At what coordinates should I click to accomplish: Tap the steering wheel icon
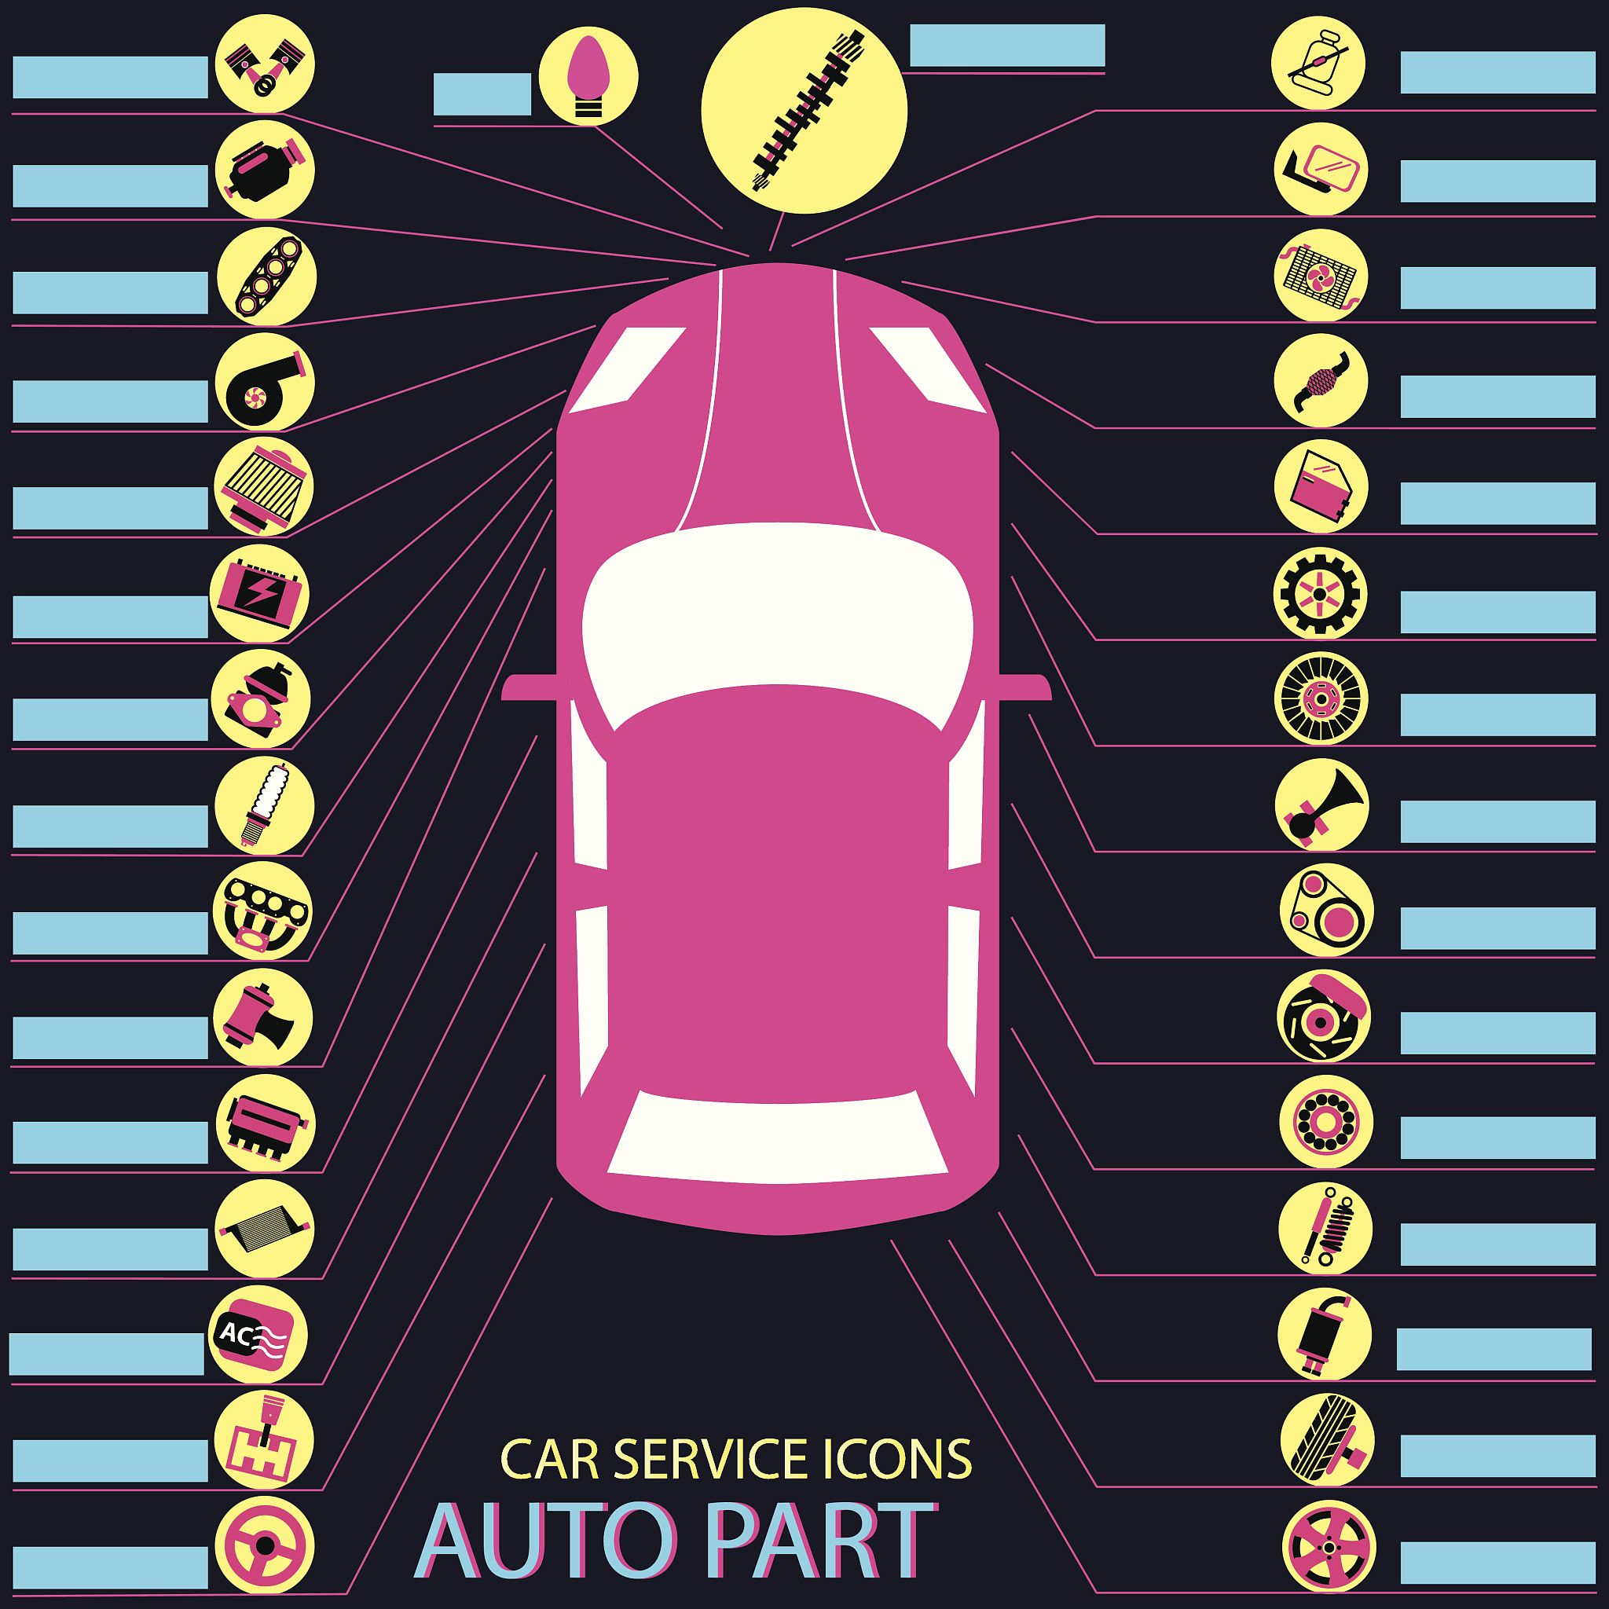(x=265, y=1545)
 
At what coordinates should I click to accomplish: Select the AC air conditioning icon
(x=258, y=1335)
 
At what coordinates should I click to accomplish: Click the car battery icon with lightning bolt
(x=260, y=593)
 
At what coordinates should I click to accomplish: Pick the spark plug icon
(x=265, y=805)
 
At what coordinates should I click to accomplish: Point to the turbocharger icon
(x=265, y=383)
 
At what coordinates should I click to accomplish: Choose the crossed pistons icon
(x=265, y=64)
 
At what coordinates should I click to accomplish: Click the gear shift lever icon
(x=264, y=1441)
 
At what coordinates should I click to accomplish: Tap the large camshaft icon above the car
(x=804, y=110)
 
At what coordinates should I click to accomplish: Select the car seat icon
(x=1318, y=64)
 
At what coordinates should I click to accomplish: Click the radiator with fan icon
(x=1321, y=276)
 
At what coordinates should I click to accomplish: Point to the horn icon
(x=1321, y=804)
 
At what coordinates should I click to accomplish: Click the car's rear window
(x=777, y=1138)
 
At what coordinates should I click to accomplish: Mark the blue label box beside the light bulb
(x=482, y=94)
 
